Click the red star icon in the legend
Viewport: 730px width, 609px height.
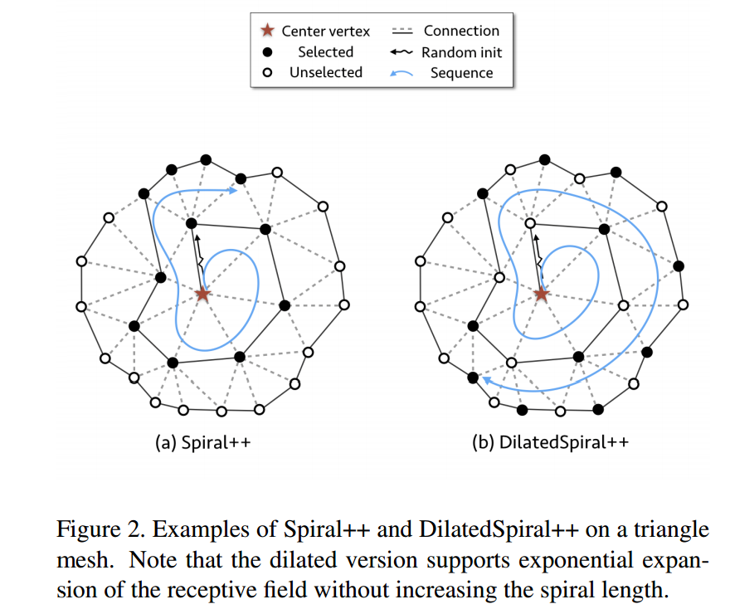[266, 32]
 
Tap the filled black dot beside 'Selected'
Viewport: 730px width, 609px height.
[266, 52]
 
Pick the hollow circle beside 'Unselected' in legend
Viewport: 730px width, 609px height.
[266, 73]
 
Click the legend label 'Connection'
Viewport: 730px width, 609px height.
[461, 31]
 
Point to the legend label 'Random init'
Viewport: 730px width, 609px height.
[461, 52]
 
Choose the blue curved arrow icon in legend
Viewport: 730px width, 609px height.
[401, 73]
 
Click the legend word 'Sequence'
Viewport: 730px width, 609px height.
[461, 73]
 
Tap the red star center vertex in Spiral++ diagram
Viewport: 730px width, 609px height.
[202, 294]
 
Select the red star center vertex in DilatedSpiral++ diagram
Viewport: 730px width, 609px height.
[542, 294]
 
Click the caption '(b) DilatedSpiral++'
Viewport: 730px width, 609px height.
[550, 442]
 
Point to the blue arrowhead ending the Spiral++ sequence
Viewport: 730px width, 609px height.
[235, 192]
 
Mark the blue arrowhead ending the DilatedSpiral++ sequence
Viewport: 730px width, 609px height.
[486, 380]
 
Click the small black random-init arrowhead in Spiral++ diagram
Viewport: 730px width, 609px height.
[197, 237]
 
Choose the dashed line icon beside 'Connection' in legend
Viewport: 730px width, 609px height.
[401, 32]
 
